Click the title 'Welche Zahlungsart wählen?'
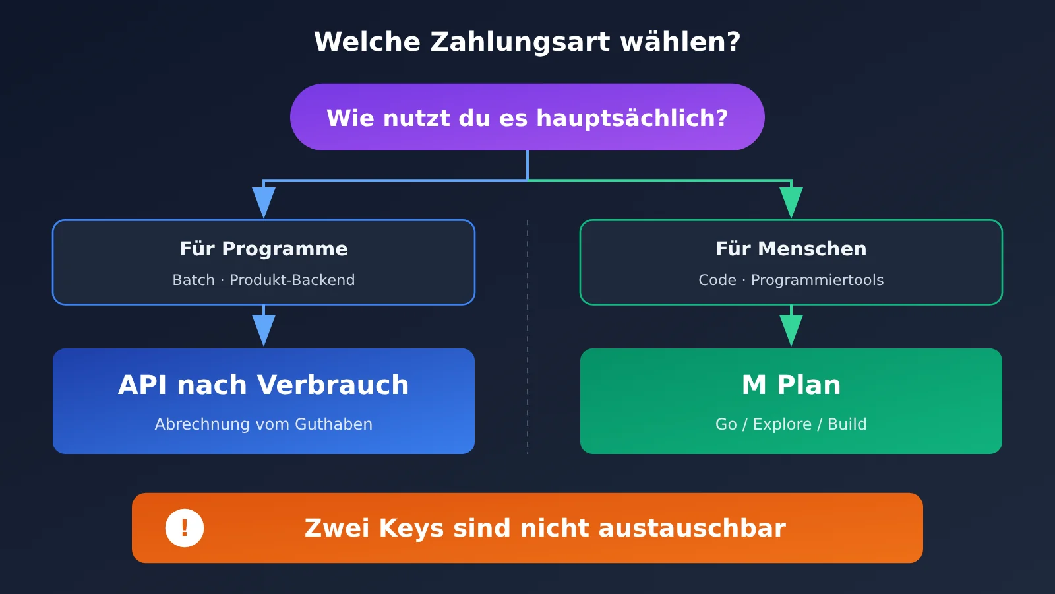pyautogui.click(x=527, y=42)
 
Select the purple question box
pyautogui.click(x=527, y=117)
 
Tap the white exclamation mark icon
pyautogui.click(x=185, y=528)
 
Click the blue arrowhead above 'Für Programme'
pyautogui.click(x=264, y=203)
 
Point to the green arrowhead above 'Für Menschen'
pyautogui.click(x=791, y=203)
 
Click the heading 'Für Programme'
pyautogui.click(x=264, y=248)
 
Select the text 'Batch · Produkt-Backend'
pyautogui.click(x=264, y=280)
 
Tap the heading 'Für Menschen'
pyautogui.click(x=791, y=248)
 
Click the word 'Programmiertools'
pyautogui.click(x=817, y=280)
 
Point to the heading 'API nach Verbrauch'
pyautogui.click(x=264, y=385)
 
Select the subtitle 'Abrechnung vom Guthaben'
pyautogui.click(x=264, y=424)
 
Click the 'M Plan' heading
pyautogui.click(x=791, y=385)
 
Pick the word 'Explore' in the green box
pyautogui.click(x=782, y=424)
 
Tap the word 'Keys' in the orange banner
pyautogui.click(x=411, y=529)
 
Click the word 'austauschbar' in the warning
pyautogui.click(x=692, y=528)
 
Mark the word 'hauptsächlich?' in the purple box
pyautogui.click(x=632, y=118)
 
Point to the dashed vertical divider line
pyautogui.click(x=527, y=337)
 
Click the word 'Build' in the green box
pyautogui.click(x=847, y=424)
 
